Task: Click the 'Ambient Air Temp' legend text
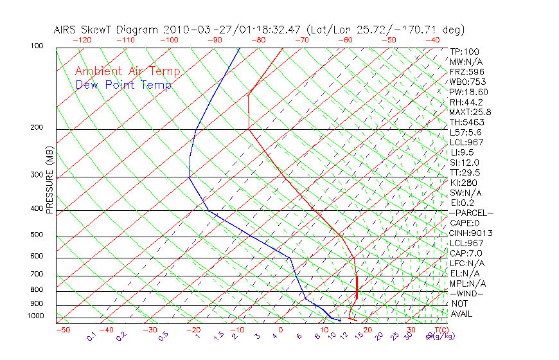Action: coord(127,71)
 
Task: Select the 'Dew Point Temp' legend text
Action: coord(123,85)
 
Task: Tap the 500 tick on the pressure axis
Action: coord(37,235)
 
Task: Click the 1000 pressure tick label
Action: coord(35,317)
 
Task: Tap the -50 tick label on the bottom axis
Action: coord(63,330)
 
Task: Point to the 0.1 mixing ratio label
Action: coord(91,337)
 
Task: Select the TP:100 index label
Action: coord(465,51)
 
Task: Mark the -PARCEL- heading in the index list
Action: coord(472,213)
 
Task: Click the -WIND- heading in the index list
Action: coord(467,293)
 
